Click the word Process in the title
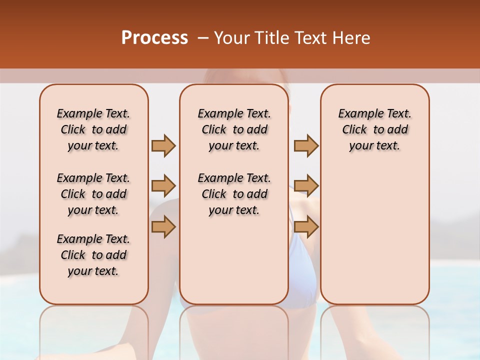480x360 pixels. click(x=154, y=37)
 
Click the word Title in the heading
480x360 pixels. click(x=274, y=37)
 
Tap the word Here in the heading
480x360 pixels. click(x=351, y=37)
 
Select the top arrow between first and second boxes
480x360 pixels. click(x=163, y=145)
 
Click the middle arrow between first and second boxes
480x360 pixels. click(x=163, y=186)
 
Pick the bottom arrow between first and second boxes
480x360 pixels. click(x=163, y=227)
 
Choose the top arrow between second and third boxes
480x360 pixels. click(x=306, y=145)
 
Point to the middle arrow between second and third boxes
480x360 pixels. click(x=306, y=186)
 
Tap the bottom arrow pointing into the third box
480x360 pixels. click(x=306, y=227)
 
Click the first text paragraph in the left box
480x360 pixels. click(x=93, y=129)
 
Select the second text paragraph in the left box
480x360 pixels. click(x=93, y=194)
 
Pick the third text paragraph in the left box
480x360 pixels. click(x=93, y=255)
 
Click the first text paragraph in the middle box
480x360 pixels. click(x=234, y=129)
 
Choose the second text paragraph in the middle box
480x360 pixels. click(x=234, y=194)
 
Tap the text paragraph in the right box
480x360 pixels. click(x=375, y=129)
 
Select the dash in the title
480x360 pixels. click(x=203, y=37)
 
